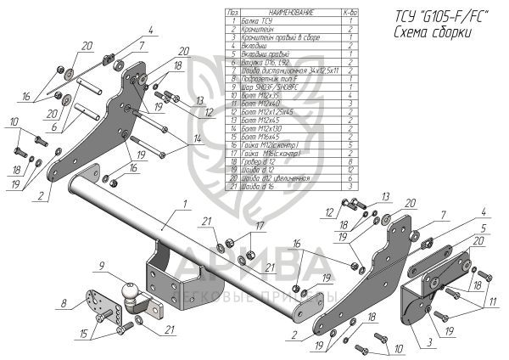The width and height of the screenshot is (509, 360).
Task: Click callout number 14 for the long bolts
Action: [x=199, y=138]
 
